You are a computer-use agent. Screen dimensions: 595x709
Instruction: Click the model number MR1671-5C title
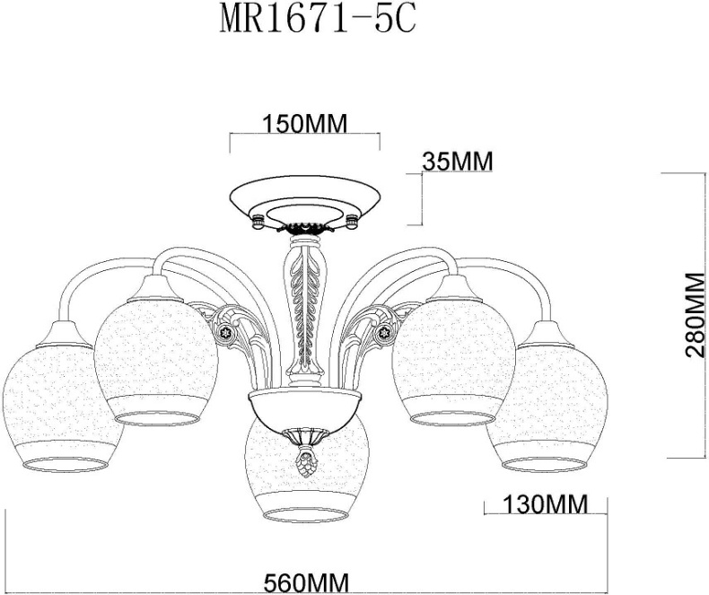click(318, 20)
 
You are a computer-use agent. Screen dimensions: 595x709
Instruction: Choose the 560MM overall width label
click(305, 582)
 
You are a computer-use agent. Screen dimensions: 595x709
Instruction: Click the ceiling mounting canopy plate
click(305, 202)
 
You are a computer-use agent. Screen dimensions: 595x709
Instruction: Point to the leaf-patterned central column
click(305, 305)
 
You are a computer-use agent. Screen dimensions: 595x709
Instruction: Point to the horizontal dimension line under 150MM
click(305, 136)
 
